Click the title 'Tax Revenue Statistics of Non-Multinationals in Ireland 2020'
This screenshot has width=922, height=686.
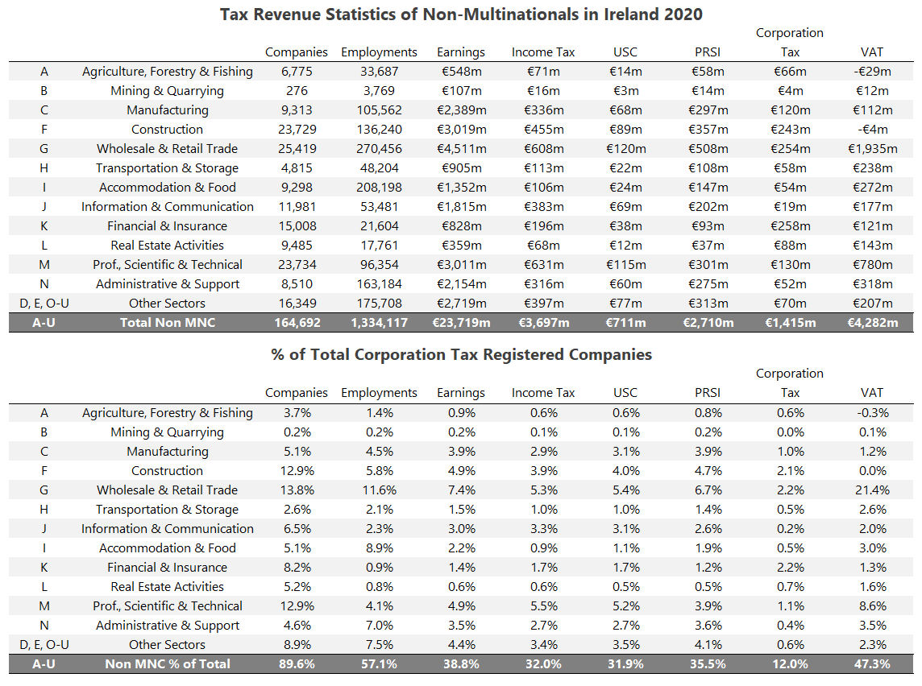pyautogui.click(x=461, y=14)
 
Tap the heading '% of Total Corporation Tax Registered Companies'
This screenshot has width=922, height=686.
pyautogui.click(x=461, y=354)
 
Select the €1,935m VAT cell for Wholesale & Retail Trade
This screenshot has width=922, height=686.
pyautogui.click(x=871, y=149)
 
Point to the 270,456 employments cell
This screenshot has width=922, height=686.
pyautogui.click(x=379, y=149)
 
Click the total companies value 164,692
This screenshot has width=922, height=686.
pyautogui.click(x=297, y=323)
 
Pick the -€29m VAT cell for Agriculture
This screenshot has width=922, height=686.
pyautogui.click(x=871, y=72)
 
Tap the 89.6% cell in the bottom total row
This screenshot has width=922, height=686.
pyautogui.click(x=297, y=664)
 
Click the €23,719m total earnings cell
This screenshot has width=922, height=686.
pyautogui.click(x=461, y=323)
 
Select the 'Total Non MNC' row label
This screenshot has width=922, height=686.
pyautogui.click(x=167, y=323)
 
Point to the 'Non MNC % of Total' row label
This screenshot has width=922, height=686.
pyautogui.click(x=167, y=664)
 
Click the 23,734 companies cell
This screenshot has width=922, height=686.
pyautogui.click(x=297, y=265)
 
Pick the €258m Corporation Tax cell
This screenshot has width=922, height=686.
pyautogui.click(x=790, y=226)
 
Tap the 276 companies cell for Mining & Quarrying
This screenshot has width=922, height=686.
pyautogui.click(x=297, y=91)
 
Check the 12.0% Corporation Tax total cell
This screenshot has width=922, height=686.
pyautogui.click(x=790, y=664)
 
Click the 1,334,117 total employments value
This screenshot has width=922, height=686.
pyautogui.click(x=379, y=323)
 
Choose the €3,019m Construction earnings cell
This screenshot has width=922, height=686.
pyautogui.click(x=461, y=130)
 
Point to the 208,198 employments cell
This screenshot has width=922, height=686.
pyautogui.click(x=379, y=188)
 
